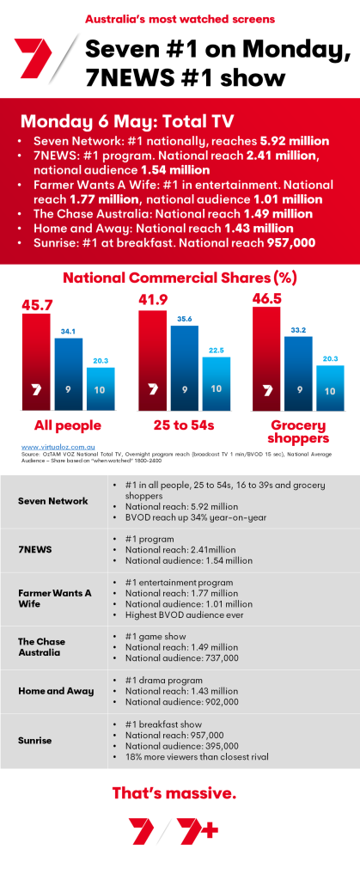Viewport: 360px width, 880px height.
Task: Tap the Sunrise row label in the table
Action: (x=34, y=738)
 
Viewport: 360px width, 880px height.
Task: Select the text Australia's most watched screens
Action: (x=180, y=17)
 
